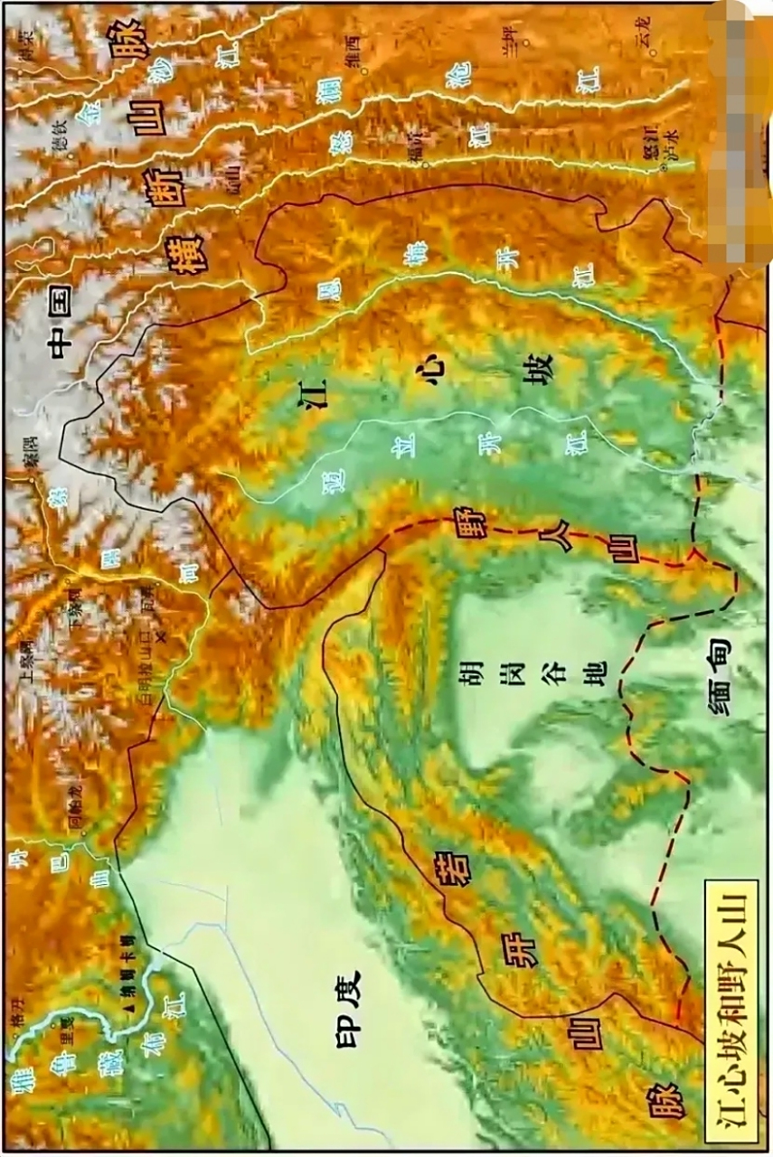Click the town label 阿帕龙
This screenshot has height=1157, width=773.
point(78,813)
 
